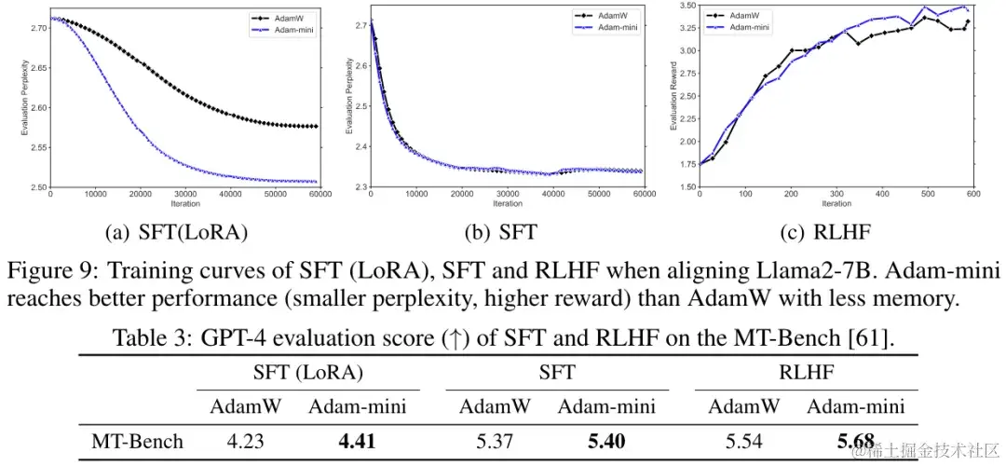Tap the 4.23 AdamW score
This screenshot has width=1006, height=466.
pos(246,440)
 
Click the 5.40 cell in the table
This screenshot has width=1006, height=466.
pos(606,440)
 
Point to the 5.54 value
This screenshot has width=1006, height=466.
pos(745,440)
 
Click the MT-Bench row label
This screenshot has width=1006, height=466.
pos(137,440)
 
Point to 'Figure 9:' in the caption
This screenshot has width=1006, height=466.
pos(48,275)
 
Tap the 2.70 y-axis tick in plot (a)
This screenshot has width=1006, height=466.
pos(38,30)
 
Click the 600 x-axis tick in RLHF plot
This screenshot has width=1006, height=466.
pos(973,195)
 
